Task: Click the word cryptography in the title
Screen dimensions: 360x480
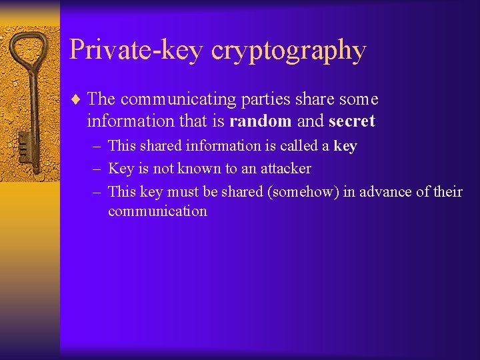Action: (288, 51)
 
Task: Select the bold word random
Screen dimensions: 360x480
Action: (260, 121)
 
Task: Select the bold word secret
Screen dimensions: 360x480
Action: (352, 121)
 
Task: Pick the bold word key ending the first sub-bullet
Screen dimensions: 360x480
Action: (345, 146)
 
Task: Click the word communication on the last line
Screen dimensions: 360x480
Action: (157, 211)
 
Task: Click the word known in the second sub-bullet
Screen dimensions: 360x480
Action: (200, 169)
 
